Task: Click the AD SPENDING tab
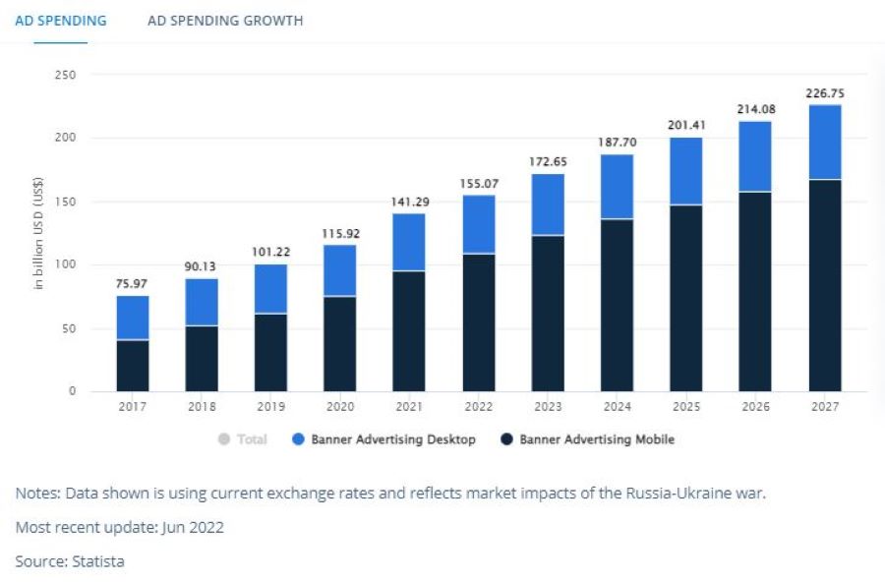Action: click(x=61, y=21)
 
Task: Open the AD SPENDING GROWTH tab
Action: click(x=225, y=21)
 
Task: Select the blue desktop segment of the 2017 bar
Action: click(x=133, y=318)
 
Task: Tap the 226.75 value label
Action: click(x=825, y=93)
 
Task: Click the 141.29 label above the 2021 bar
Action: click(x=409, y=202)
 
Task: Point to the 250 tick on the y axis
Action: click(x=67, y=75)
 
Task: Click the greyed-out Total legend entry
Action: click(x=243, y=439)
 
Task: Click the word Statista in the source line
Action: click(x=97, y=561)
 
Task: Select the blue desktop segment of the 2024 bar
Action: click(x=617, y=187)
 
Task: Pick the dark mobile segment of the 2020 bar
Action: click(x=340, y=344)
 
